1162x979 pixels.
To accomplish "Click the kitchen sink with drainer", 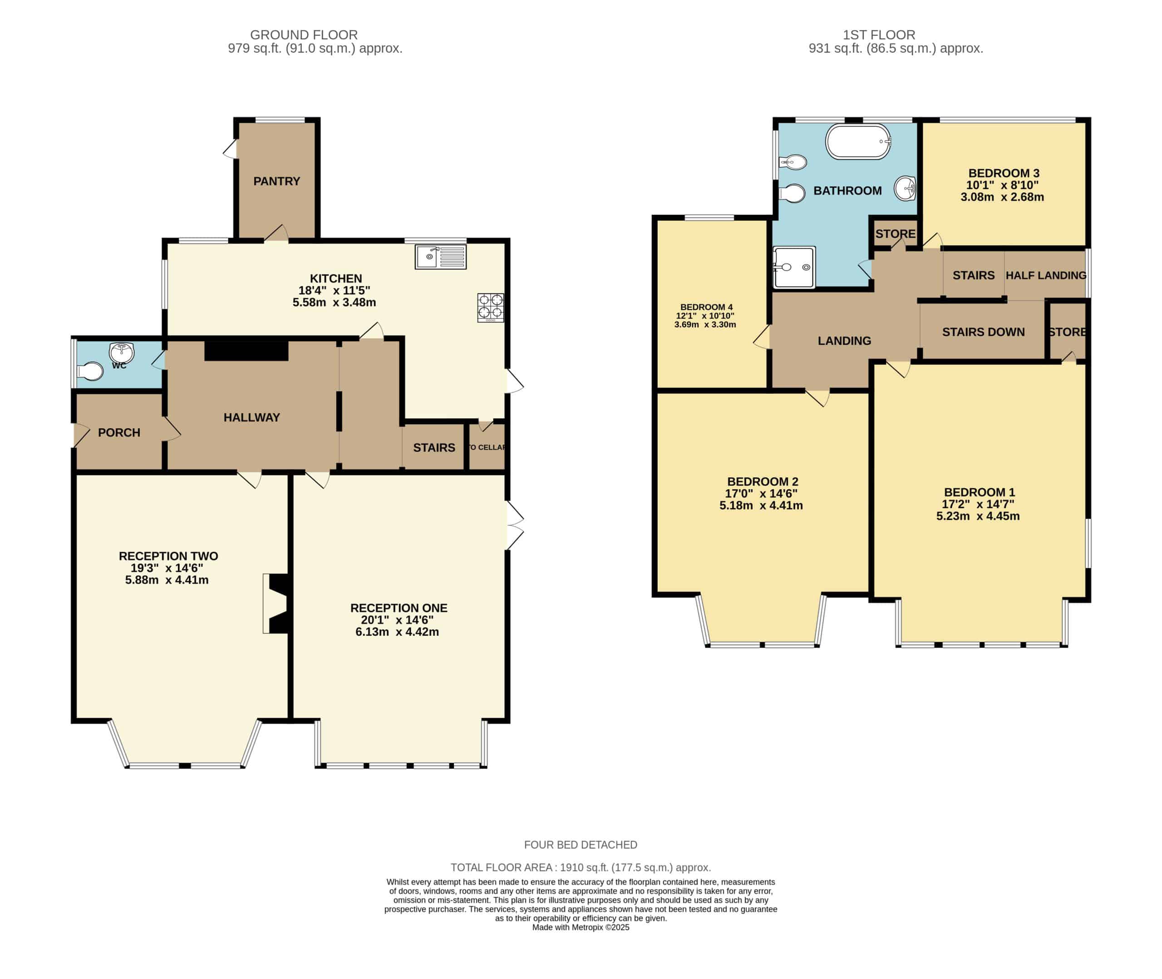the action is (440, 257).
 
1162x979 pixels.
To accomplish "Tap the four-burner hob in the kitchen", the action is (491, 308).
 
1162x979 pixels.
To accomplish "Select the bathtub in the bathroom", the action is (858, 142).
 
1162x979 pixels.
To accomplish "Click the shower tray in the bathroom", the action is (794, 268).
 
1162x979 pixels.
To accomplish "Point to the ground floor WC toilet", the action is (90, 371).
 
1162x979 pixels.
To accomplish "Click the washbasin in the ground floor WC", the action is (122, 352).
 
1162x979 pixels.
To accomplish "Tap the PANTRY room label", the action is (276, 181).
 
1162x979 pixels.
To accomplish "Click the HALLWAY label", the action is (251, 417).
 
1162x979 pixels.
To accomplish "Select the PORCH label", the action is (119, 432).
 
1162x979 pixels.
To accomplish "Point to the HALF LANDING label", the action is (1046, 275).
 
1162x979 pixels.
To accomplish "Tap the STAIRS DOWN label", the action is (983, 332).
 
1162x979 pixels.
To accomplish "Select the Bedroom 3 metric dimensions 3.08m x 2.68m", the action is (1002, 197).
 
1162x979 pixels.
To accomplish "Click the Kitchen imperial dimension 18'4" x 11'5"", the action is (334, 290).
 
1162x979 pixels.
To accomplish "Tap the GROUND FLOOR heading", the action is (304, 35).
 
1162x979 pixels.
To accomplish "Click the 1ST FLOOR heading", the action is (879, 35).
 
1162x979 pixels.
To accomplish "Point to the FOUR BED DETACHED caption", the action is (581, 845).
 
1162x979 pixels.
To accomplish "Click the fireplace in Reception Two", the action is (276, 603).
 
